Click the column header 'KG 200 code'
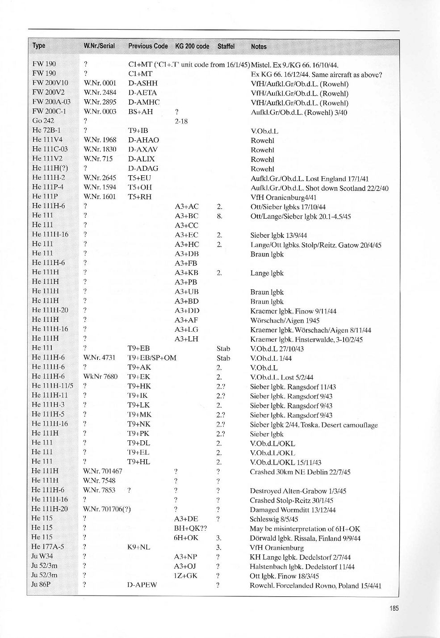tap(192, 46)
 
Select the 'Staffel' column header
tap(226, 46)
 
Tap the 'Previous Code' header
tap(148, 46)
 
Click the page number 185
tap(393, 608)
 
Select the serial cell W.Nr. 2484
tap(100, 93)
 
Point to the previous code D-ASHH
tap(143, 83)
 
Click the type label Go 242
tap(44, 121)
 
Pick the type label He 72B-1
tap(46, 131)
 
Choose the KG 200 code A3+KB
tap(186, 273)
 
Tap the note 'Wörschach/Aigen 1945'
tap(285, 321)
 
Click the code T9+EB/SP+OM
tap(152, 358)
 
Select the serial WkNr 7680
tap(101, 376)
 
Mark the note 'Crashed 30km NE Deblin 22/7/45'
tap(300, 472)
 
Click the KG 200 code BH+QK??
tap(190, 528)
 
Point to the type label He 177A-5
tap(48, 547)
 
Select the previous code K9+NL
tap(138, 547)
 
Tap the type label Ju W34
tap(42, 557)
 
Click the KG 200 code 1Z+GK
tap(185, 576)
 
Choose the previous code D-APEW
tap(142, 585)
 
